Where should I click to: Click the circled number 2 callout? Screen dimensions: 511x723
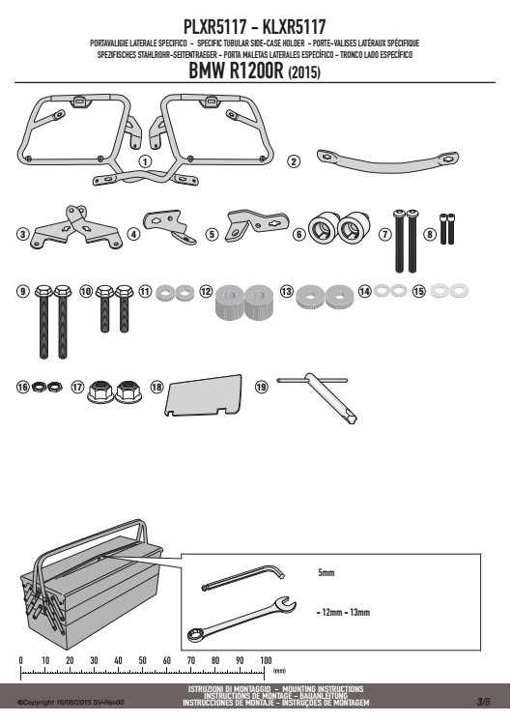click(294, 161)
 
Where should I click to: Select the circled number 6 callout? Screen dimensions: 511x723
click(299, 234)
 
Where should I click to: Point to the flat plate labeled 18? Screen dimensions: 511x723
click(204, 395)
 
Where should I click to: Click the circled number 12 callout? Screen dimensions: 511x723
click(206, 291)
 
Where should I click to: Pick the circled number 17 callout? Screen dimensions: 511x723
click(77, 387)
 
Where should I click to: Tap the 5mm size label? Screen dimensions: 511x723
click(326, 572)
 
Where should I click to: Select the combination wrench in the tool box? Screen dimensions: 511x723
click(241, 620)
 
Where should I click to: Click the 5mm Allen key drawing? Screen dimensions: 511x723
click(243, 577)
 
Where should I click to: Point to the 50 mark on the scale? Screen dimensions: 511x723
click(142, 660)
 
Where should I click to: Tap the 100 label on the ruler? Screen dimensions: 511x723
click(266, 660)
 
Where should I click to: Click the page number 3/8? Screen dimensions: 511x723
click(483, 702)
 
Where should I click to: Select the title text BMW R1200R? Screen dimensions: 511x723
click(236, 71)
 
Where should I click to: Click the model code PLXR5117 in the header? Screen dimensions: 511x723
click(215, 27)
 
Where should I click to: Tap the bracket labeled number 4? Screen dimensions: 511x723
click(170, 226)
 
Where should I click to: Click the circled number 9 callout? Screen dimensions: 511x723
click(22, 291)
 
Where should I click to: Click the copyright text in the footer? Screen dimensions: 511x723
click(71, 703)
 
